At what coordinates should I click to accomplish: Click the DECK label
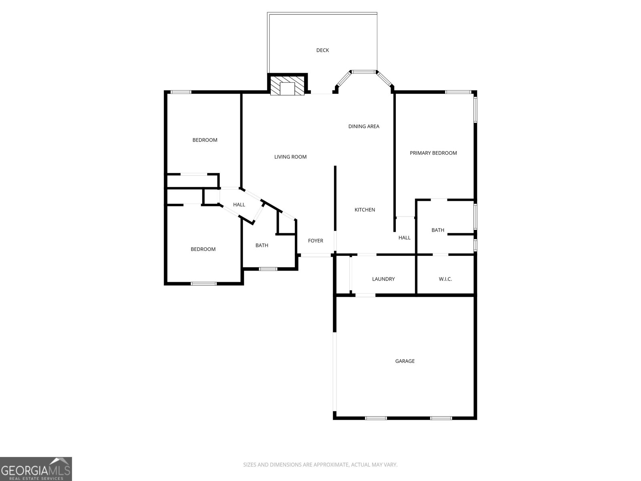(323, 50)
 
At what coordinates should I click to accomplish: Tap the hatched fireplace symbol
(287, 86)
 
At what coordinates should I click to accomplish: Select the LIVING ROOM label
(290, 157)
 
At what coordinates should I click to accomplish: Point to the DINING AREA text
(364, 126)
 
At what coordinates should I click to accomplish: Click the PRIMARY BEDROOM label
(433, 153)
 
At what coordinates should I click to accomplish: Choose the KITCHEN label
(365, 210)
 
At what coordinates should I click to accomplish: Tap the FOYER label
(315, 240)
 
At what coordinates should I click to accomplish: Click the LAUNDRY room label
(383, 279)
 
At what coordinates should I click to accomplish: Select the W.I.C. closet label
(445, 279)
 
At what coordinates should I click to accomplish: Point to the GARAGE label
(405, 361)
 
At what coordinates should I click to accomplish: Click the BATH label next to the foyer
(262, 245)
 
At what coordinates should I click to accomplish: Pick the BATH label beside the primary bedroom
(437, 230)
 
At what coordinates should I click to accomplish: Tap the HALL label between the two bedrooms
(239, 204)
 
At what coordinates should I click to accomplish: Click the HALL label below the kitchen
(404, 238)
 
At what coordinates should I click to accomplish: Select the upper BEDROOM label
(205, 140)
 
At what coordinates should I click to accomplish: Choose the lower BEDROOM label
(203, 249)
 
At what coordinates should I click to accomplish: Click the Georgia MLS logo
(36, 469)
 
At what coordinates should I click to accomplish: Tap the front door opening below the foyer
(316, 255)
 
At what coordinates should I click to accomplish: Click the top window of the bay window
(364, 72)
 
